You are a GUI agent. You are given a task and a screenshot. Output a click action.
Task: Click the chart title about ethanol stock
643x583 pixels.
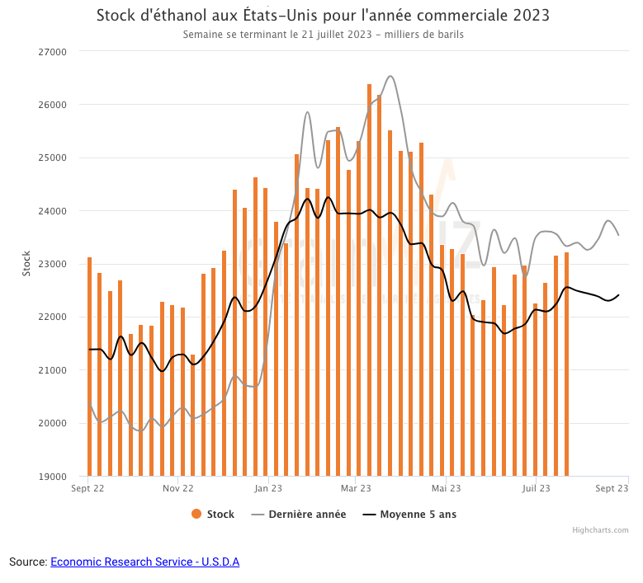pyautogui.click(x=323, y=16)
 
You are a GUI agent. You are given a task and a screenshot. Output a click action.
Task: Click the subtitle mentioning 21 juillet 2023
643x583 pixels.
pyautogui.click(x=323, y=35)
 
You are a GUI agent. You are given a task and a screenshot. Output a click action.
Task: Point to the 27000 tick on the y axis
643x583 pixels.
pyautogui.click(x=53, y=51)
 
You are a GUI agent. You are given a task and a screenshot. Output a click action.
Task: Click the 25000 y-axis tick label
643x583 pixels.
pyautogui.click(x=53, y=158)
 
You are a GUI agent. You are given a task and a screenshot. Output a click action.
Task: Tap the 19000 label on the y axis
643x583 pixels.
pyautogui.click(x=53, y=477)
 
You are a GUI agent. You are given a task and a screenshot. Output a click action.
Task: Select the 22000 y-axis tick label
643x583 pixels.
pyautogui.click(x=53, y=317)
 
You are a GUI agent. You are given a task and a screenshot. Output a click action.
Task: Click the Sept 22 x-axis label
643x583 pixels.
pyautogui.click(x=87, y=488)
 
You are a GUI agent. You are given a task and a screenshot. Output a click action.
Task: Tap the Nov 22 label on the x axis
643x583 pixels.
pyautogui.click(x=177, y=488)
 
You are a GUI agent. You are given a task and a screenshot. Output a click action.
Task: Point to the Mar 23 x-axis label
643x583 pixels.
pyautogui.click(x=355, y=488)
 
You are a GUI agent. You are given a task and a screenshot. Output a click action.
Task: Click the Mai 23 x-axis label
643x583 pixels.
pyautogui.click(x=446, y=488)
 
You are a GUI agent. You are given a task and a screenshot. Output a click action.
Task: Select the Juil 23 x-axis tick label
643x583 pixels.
pyautogui.click(x=536, y=488)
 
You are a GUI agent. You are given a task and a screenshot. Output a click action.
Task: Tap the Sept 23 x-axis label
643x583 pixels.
pyautogui.click(x=612, y=488)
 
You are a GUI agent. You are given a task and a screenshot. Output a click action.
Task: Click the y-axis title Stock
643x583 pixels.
pyautogui.click(x=26, y=263)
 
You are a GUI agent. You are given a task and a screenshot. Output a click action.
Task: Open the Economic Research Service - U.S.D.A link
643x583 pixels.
pyautogui.click(x=144, y=562)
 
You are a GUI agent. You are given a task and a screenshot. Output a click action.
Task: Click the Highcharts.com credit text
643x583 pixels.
pyautogui.click(x=600, y=530)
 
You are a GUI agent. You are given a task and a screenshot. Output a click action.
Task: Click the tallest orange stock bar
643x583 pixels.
pyautogui.click(x=369, y=280)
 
